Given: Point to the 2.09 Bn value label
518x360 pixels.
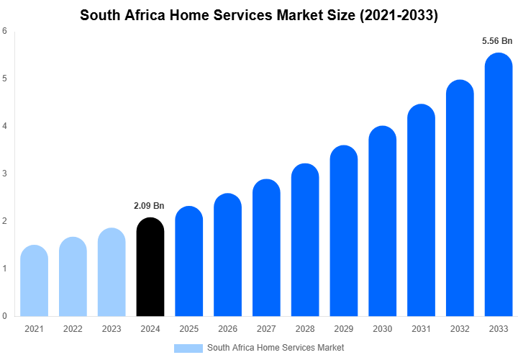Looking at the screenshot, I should coord(149,206).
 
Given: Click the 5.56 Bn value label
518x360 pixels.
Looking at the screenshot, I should coord(497,42).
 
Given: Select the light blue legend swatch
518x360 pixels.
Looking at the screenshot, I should coord(188,348).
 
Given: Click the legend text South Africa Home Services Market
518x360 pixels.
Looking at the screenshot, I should coord(276,348).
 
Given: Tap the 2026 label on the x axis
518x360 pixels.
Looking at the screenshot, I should coord(227,329).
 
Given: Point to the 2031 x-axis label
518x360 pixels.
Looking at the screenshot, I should coord(421,329).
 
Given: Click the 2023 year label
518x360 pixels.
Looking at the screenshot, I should coord(112,329).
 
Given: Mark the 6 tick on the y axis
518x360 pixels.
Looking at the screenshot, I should coord(5,31).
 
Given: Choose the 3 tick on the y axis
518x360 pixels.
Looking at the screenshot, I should coord(5,174).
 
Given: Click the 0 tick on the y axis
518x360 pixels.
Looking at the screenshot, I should coord(5,315).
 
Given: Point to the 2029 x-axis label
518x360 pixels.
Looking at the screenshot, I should coord(344,329).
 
